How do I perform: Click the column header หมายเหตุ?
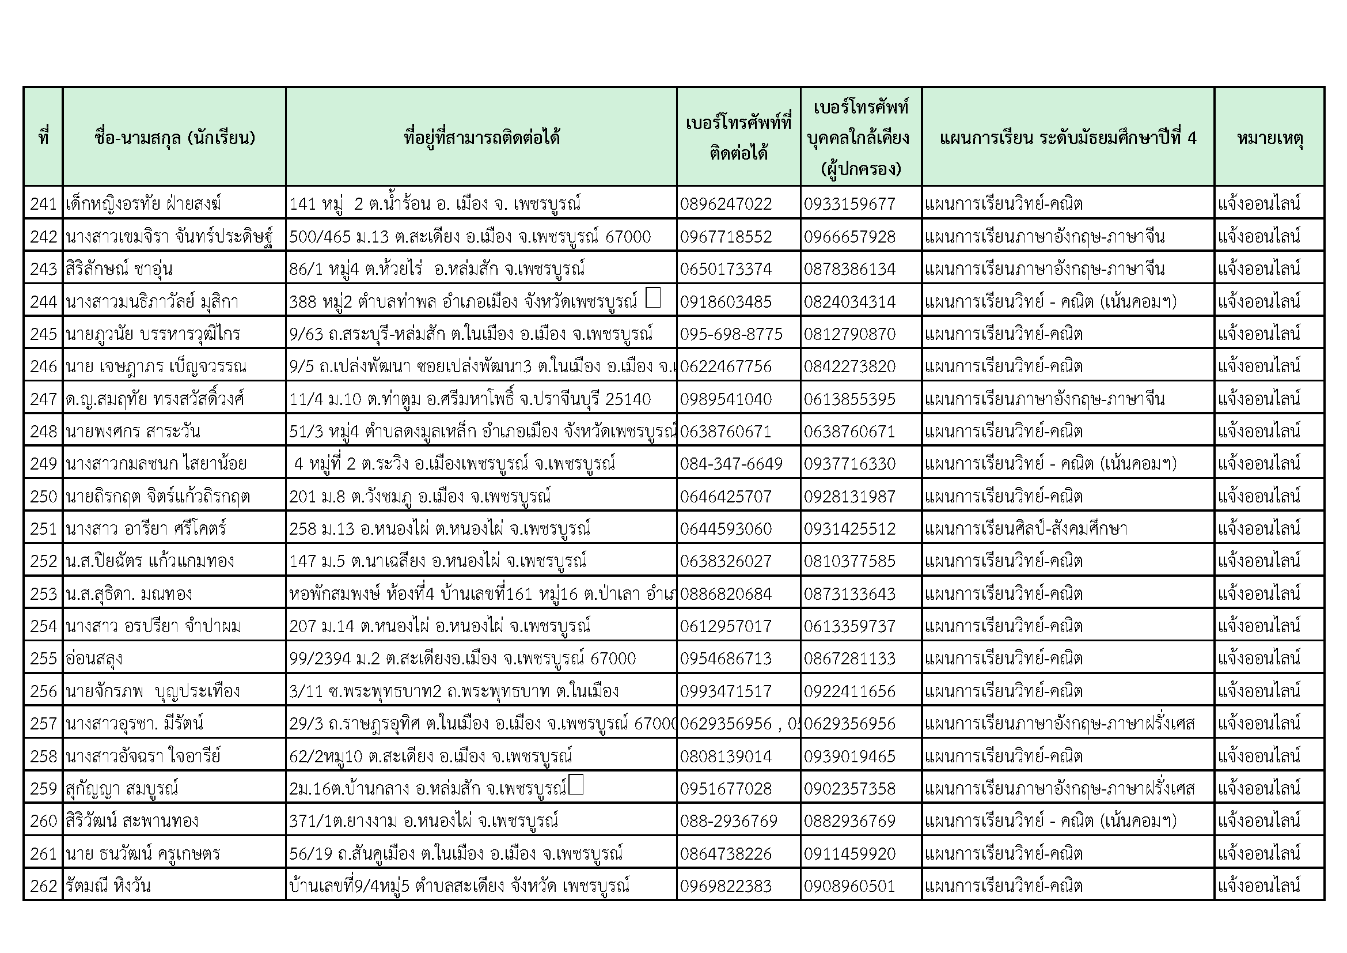[1270, 138]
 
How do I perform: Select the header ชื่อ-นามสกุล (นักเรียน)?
[174, 138]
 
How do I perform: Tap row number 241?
[43, 203]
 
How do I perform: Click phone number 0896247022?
[726, 203]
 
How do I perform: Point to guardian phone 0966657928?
[849, 236]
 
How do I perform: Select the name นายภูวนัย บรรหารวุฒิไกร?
[153, 334]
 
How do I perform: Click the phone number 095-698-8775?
[731, 334]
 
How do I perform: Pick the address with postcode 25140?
[470, 399]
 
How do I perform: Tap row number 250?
[43, 497]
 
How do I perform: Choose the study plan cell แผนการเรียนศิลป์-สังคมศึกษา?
[1026, 529]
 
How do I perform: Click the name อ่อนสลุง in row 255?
[94, 659]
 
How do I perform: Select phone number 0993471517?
[726, 691]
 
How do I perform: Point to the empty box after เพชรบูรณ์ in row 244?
[652, 297]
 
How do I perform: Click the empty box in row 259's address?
[576, 785]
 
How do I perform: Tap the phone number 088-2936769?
[728, 821]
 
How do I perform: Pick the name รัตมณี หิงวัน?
[108, 886]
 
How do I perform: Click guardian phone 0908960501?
[849, 886]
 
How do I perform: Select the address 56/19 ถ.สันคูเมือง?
[456, 853]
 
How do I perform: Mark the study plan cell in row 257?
[1060, 724]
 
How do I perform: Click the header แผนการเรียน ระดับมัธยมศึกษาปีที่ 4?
[1068, 138]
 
